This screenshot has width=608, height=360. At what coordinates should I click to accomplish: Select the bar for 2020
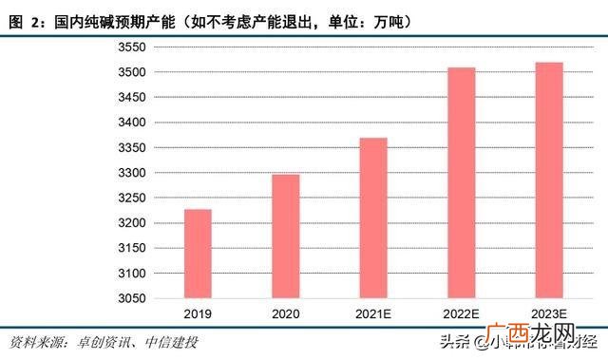tap(285, 237)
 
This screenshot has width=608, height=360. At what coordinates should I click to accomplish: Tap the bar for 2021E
tap(373, 218)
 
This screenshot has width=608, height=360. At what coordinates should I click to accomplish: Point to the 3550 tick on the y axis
tap(131, 47)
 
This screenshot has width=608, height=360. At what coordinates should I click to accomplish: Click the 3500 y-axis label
tap(131, 72)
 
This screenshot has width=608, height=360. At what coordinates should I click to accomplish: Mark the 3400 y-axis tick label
tap(131, 123)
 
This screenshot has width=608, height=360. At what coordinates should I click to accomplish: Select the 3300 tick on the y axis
tap(131, 173)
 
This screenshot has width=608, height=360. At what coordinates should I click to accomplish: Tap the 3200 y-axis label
tap(131, 223)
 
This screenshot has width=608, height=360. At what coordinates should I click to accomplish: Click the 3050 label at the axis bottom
tap(131, 298)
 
